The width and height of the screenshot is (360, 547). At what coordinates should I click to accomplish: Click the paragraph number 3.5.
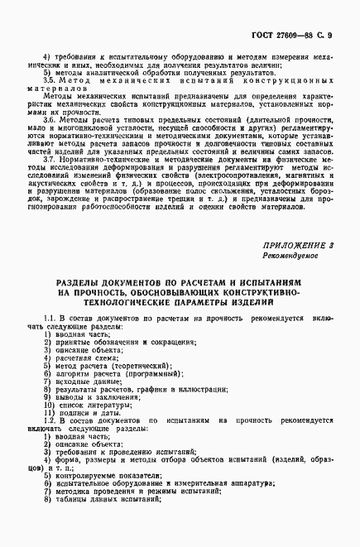pyautogui.click(x=49, y=81)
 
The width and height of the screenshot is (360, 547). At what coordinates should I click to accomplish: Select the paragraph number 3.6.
pyautogui.click(x=49, y=120)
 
